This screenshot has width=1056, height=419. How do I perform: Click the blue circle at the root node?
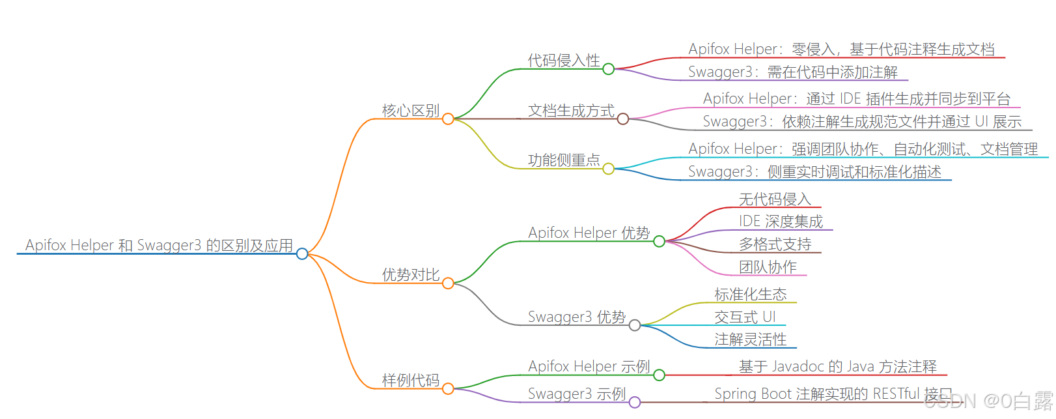(x=302, y=253)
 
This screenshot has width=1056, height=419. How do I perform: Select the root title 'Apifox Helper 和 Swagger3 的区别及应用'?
(x=159, y=246)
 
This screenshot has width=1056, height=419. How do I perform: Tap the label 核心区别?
(x=411, y=111)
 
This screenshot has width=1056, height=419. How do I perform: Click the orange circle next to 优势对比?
(x=448, y=283)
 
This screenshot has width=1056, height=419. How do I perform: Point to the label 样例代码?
(x=411, y=380)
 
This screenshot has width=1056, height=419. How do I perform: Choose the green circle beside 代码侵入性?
(x=608, y=69)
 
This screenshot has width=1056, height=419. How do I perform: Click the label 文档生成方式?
(x=571, y=111)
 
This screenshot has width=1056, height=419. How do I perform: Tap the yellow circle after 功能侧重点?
(x=608, y=169)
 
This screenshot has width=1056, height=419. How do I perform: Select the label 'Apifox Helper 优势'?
(x=589, y=233)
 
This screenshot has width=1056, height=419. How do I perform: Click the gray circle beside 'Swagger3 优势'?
(x=635, y=325)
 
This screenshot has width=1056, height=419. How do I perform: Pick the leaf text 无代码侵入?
(x=775, y=199)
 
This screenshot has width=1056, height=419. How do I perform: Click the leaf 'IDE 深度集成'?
(x=781, y=222)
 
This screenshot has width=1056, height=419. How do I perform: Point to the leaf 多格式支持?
(x=775, y=244)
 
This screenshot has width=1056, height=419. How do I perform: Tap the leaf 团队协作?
(x=768, y=267)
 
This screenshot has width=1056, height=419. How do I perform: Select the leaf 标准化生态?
(x=750, y=295)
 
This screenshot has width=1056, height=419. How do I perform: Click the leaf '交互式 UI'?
(x=745, y=317)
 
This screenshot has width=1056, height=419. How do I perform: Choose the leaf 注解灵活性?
(x=750, y=340)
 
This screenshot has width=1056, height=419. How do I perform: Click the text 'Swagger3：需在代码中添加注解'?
(x=792, y=72)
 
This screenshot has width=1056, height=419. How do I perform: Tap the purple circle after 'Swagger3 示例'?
(x=635, y=402)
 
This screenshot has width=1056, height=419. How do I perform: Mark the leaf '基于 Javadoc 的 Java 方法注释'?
(x=837, y=367)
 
